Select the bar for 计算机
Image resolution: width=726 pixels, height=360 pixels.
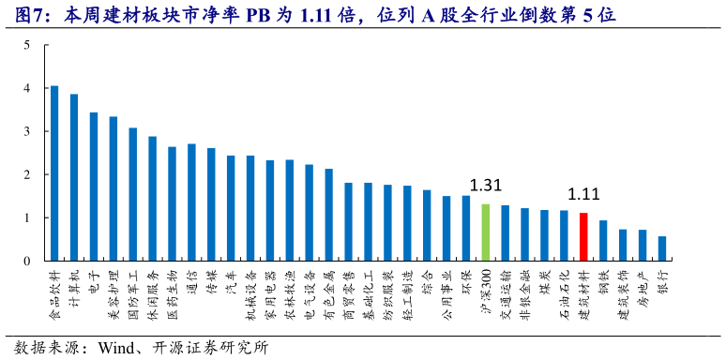click(74, 177)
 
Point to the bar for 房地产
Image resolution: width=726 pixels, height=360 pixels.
click(643, 246)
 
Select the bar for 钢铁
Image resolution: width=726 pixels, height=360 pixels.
click(603, 241)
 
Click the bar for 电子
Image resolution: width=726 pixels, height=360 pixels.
click(94, 187)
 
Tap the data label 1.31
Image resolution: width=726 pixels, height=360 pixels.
click(485, 186)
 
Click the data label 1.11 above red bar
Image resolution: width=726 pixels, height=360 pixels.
click(582, 195)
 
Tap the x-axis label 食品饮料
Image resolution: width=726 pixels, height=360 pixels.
click(54, 287)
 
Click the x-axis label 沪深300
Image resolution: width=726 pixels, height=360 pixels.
click(485, 285)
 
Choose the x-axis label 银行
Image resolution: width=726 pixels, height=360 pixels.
click(662, 278)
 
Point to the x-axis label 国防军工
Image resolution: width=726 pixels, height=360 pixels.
click(133, 287)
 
